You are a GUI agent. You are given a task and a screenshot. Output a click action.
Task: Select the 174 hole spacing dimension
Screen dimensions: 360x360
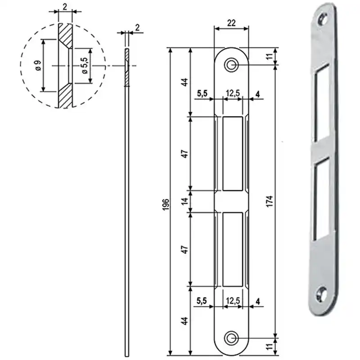(270, 201)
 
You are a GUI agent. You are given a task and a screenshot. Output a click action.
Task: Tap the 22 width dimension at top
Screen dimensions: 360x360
(231, 23)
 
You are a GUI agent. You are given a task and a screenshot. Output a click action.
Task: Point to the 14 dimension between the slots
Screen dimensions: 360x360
(185, 201)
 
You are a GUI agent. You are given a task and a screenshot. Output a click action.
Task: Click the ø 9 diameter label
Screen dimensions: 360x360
(38, 65)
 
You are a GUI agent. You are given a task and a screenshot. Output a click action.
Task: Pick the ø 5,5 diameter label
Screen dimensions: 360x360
(85, 65)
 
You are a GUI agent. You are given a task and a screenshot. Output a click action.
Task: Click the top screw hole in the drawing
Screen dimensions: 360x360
(231, 65)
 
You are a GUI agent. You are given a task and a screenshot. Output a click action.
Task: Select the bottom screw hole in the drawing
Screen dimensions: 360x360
(231, 338)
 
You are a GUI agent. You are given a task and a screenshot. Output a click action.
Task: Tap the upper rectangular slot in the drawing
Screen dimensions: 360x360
(233, 153)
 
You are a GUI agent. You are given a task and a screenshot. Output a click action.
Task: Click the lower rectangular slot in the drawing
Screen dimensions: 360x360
(233, 249)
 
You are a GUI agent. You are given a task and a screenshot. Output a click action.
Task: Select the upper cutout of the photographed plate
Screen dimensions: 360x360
(321, 102)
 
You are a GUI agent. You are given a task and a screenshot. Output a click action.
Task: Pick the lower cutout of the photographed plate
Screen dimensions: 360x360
(321, 199)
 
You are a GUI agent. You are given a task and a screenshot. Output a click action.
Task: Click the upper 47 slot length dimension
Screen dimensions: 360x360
(185, 153)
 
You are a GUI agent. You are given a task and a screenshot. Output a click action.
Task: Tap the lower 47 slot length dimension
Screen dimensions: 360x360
(185, 249)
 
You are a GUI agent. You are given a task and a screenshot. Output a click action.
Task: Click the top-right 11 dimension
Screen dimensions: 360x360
(270, 56)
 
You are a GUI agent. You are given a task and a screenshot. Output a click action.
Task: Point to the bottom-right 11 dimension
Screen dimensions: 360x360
(270, 346)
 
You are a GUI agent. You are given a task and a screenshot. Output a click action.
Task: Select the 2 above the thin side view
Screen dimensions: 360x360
(137, 27)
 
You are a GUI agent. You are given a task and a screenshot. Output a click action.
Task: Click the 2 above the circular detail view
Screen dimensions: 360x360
(65, 7)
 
